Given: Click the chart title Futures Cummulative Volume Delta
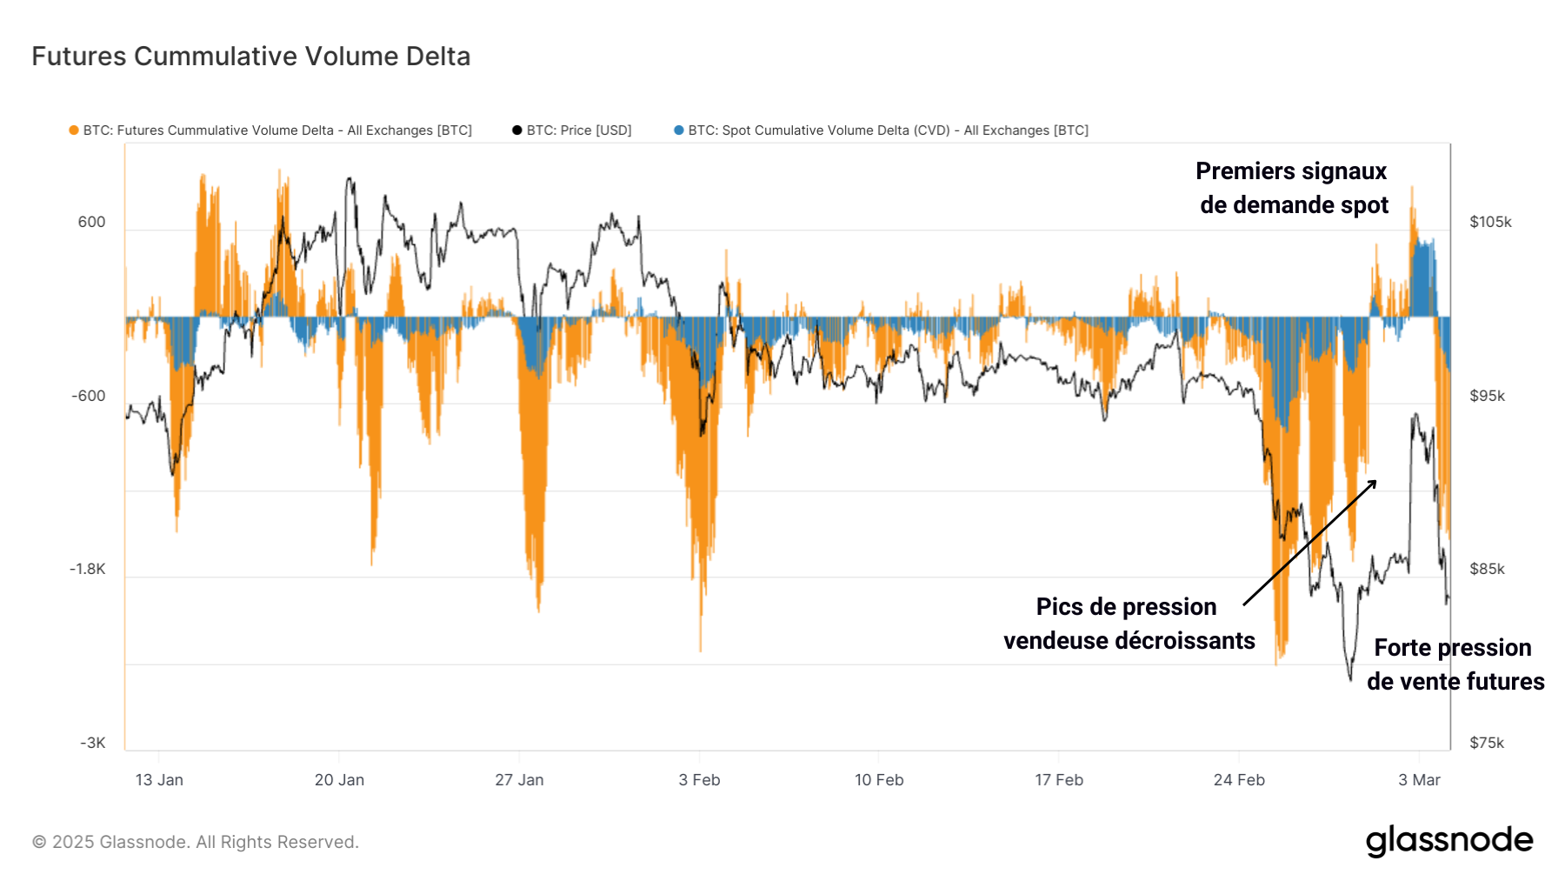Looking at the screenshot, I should coord(250,57).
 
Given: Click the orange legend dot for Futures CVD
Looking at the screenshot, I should coord(74,130).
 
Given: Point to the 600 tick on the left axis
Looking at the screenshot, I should coord(91,222).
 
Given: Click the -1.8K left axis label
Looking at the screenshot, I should coord(87,569).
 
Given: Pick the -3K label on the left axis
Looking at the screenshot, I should coord(92,743).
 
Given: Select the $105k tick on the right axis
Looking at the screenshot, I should coord(1490,222).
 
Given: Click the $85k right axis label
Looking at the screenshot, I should coord(1487,569).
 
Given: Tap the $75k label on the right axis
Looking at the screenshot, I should coord(1487,743).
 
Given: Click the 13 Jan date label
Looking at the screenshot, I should coord(159,780).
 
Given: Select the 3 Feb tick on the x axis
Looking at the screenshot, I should coord(699,780).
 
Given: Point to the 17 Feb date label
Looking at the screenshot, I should coord(1059,780).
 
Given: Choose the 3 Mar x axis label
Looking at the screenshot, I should coord(1419,780).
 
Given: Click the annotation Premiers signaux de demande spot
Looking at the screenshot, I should coord(1293,188).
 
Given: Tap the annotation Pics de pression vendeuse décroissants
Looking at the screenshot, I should coord(1129,624).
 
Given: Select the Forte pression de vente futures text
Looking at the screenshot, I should coord(1455,664).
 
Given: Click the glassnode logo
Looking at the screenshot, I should coord(1448,840).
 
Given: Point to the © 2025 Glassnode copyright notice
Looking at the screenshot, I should coord(196,842).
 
